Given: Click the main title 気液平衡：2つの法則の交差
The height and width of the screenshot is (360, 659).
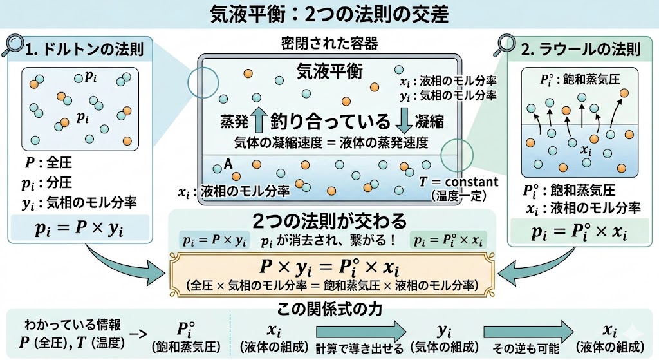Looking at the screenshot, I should [x=329, y=14].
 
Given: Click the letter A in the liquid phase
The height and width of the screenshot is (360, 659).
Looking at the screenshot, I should [x=227, y=164].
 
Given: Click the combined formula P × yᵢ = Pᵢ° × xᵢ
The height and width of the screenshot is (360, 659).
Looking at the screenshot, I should [x=329, y=267].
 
